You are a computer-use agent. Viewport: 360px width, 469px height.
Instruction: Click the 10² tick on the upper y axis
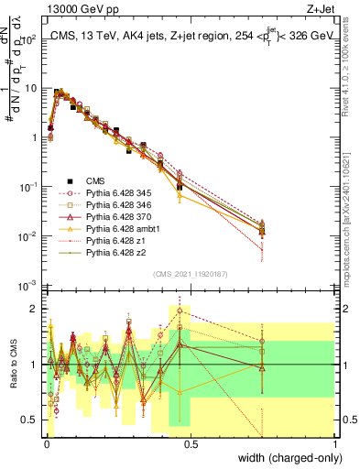[x=30, y=39]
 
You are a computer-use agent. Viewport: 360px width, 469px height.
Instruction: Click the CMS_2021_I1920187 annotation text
[x=191, y=273]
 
